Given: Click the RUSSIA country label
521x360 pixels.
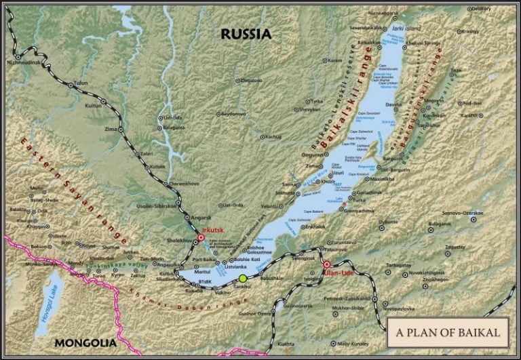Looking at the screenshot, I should [246, 34].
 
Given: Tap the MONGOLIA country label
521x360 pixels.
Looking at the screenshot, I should [84, 342].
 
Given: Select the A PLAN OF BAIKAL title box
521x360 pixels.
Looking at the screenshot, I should [448, 333].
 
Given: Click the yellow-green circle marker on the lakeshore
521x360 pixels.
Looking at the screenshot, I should [243, 278].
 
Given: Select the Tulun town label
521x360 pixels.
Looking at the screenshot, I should [81, 83].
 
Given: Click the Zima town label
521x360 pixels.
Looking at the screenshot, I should [111, 128].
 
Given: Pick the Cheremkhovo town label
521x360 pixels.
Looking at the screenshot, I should [183, 184].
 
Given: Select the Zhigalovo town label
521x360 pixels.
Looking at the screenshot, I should [250, 80].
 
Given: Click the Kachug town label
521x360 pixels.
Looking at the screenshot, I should [273, 136].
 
